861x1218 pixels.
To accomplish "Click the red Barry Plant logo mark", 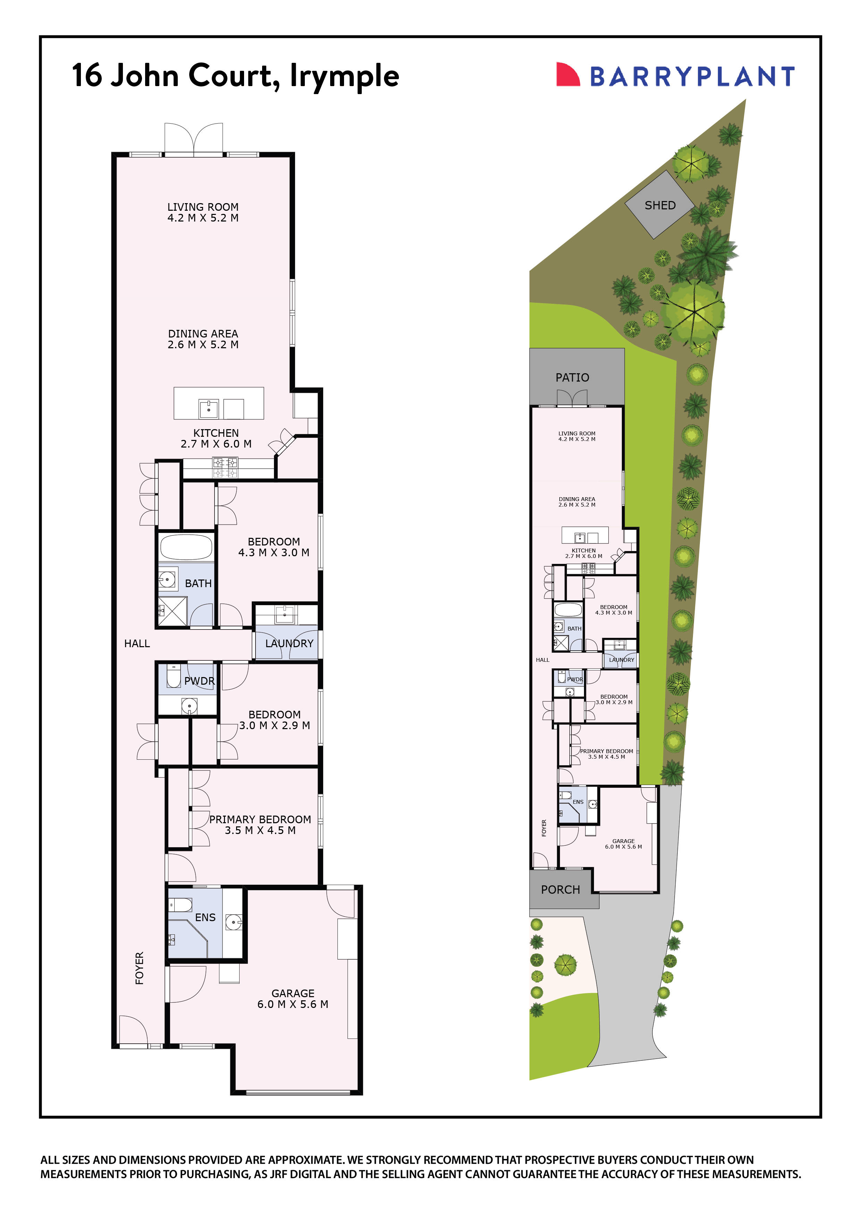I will [x=567, y=75].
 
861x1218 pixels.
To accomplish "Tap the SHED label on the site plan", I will [x=660, y=205].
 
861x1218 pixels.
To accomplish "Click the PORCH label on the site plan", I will [x=560, y=890].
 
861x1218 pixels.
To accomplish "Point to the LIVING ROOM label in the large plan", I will [x=203, y=207].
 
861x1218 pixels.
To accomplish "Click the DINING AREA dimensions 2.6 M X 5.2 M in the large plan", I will [x=203, y=345].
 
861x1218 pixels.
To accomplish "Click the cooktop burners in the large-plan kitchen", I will [x=225, y=467].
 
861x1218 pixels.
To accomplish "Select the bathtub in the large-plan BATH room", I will [x=186, y=547].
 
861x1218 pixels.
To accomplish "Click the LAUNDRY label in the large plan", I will [x=289, y=643].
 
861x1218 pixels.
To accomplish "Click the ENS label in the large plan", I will [x=205, y=918].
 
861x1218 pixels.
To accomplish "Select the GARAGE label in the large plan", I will [x=293, y=993].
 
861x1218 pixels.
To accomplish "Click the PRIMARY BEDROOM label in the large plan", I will [x=260, y=820].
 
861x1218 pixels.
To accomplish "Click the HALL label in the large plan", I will [x=137, y=643].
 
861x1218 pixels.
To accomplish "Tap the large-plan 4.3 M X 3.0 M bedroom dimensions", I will [x=274, y=553].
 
